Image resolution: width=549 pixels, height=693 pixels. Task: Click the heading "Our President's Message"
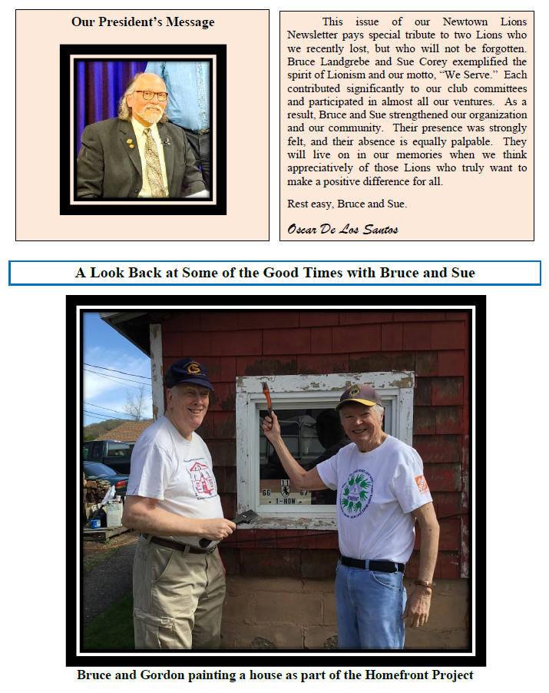pos(143,22)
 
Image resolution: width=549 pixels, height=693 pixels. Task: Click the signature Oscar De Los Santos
pos(343,228)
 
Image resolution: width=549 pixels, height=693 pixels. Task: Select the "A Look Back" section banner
pos(275,273)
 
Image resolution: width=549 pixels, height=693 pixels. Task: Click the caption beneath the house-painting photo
pos(275,675)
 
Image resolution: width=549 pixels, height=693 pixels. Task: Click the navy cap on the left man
pos(188,373)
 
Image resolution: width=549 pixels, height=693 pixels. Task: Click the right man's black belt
pos(372,564)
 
